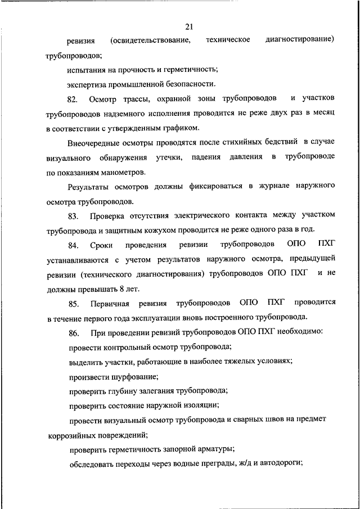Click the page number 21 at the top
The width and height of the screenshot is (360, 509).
pos(188,26)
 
